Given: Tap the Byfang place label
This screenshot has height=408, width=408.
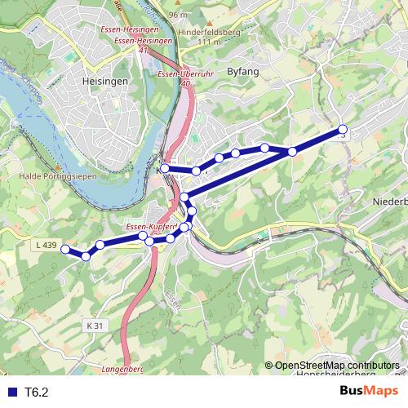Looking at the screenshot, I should pyautogui.click(x=245, y=71).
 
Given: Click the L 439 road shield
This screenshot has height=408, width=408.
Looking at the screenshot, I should pyautogui.click(x=47, y=245).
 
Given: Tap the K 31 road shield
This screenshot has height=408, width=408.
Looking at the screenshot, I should pyautogui.click(x=95, y=325).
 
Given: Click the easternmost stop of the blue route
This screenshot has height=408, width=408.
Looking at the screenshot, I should pyautogui.click(x=343, y=129).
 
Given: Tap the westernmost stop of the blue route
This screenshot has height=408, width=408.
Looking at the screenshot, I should pyautogui.click(x=65, y=250).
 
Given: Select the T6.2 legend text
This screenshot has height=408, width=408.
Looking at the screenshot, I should pyautogui.click(x=37, y=392).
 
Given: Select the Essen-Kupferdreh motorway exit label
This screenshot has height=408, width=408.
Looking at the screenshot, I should pyautogui.click(x=147, y=226).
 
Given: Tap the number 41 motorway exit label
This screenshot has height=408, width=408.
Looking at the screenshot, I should pyautogui.click(x=144, y=51).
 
